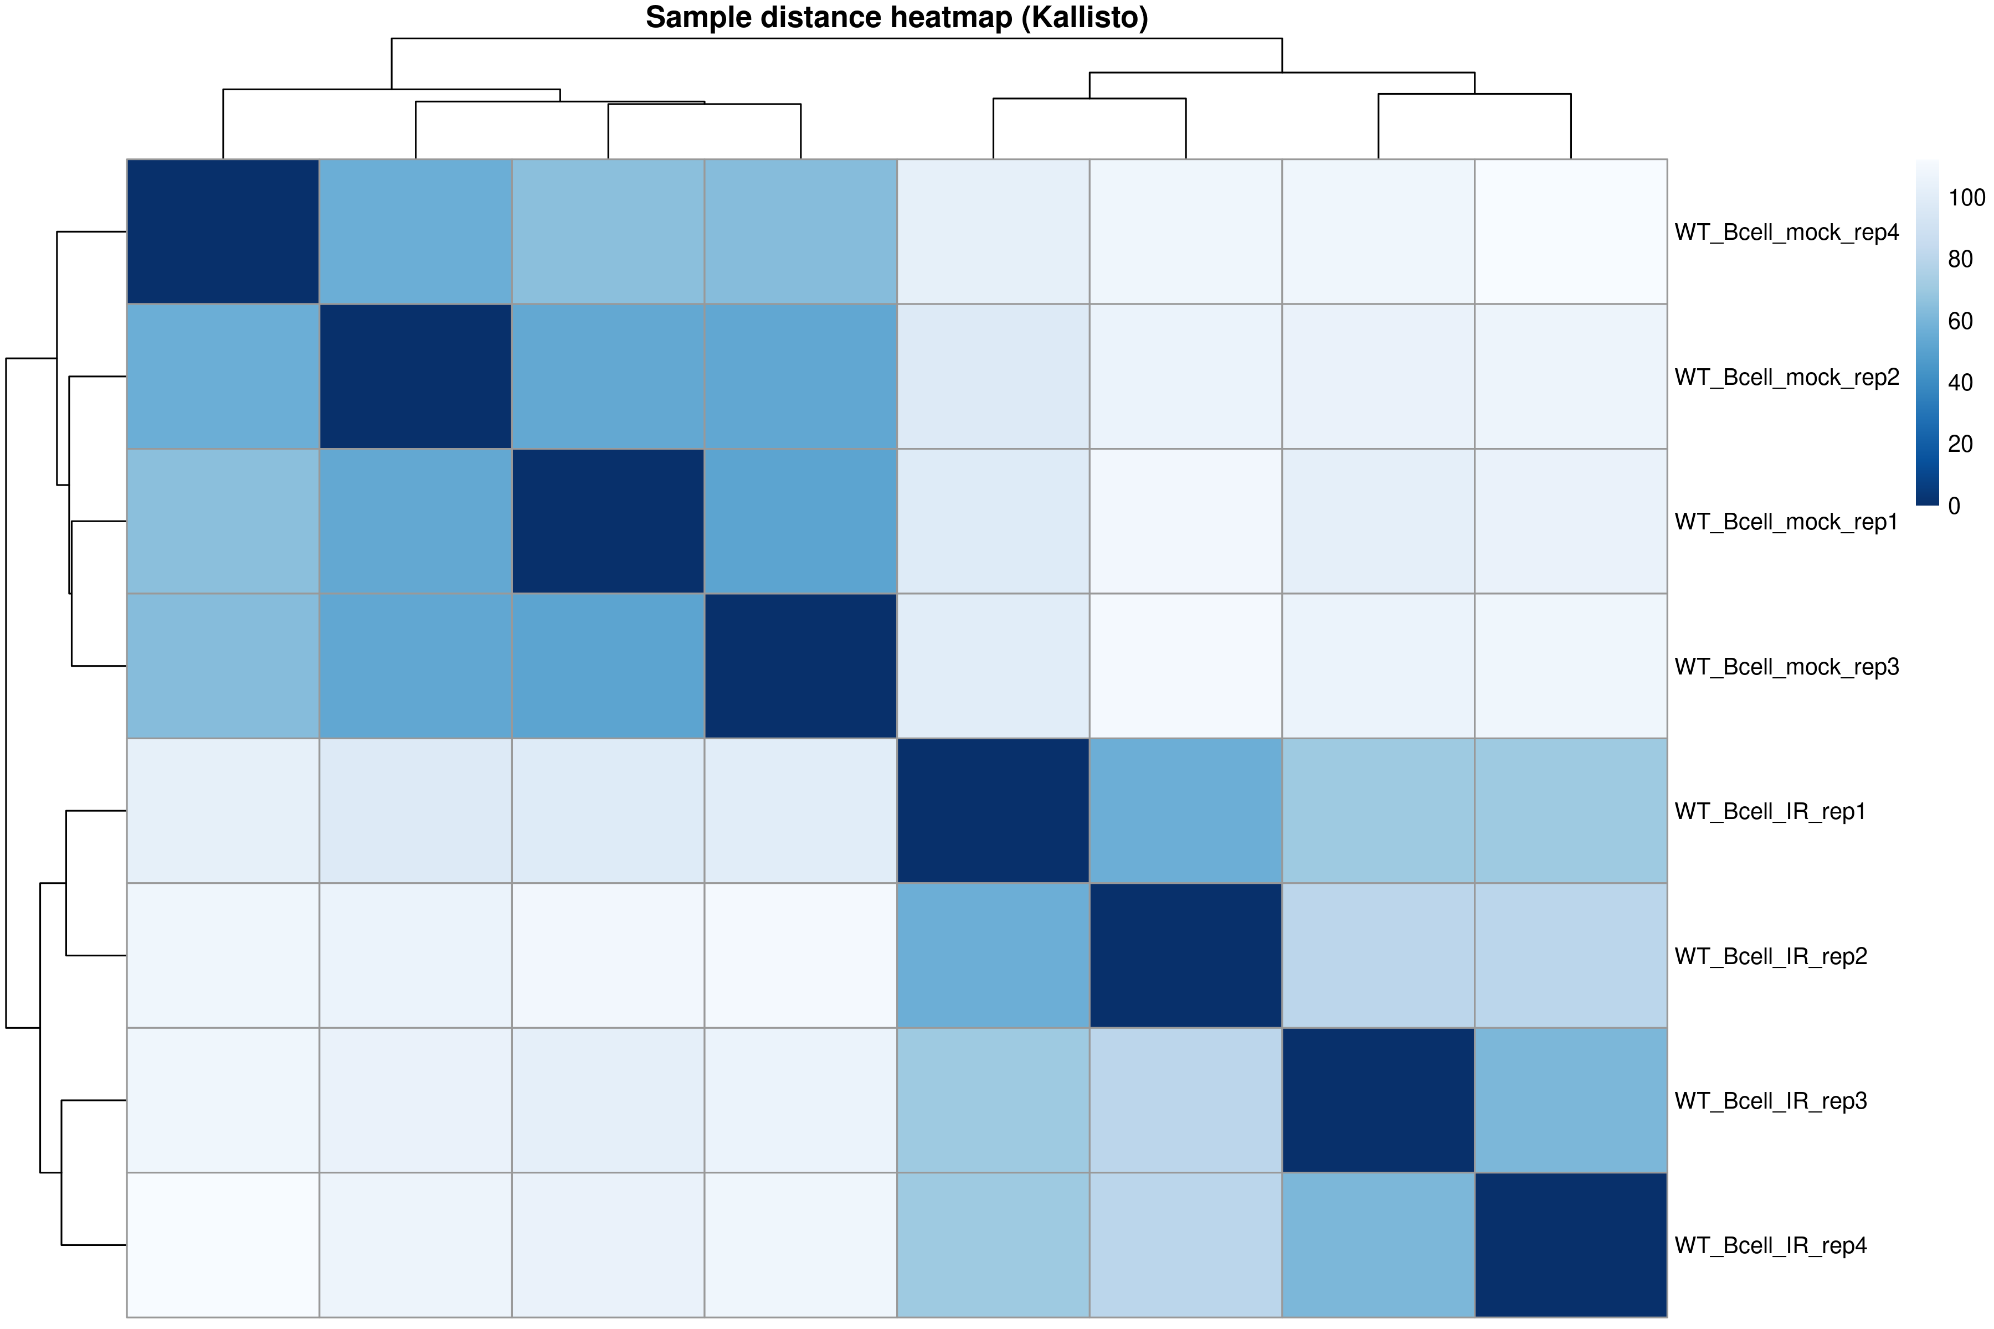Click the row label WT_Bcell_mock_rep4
1786,232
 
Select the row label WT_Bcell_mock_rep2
1786,377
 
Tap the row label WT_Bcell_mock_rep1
1786,522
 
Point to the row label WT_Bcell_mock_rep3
1786,667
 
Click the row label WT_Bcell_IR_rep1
1770,812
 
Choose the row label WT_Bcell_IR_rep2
1770,957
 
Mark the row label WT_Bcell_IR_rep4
1770,1246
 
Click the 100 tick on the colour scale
1966,198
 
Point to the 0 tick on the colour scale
1954,506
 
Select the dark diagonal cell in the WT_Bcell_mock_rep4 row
223,231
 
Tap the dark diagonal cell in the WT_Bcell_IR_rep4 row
1571,1245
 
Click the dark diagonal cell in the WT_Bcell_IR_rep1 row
993,811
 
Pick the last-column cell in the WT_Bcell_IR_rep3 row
1571,1100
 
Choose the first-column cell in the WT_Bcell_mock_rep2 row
223,377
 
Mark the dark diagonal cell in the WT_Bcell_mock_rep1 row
608,521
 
